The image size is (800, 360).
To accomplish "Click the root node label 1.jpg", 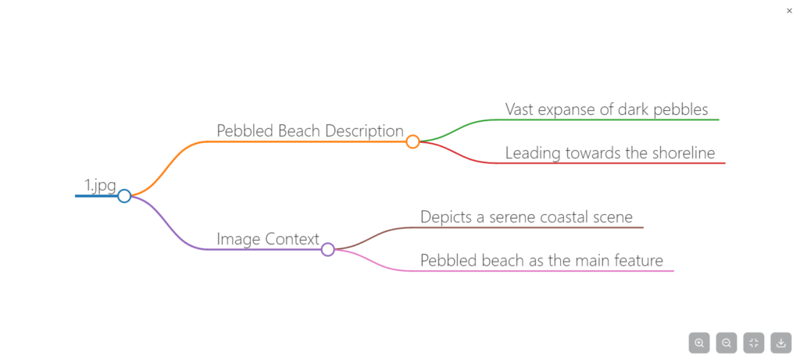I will (x=100, y=186).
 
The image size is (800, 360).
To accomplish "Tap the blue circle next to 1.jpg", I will (x=124, y=195).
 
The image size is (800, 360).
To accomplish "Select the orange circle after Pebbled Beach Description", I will (x=412, y=141).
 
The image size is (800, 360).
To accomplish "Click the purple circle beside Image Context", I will (x=328, y=249).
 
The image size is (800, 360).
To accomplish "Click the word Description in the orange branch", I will (x=365, y=130).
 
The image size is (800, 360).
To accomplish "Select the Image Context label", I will (x=268, y=239).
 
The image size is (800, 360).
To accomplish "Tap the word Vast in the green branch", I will (x=520, y=109).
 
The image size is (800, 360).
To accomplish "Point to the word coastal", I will (x=568, y=216).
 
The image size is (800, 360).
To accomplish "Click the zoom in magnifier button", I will (x=699, y=342).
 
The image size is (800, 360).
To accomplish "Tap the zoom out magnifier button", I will (x=727, y=342).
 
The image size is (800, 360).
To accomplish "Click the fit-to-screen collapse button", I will (x=754, y=342).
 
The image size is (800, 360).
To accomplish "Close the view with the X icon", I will (x=789, y=10).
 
